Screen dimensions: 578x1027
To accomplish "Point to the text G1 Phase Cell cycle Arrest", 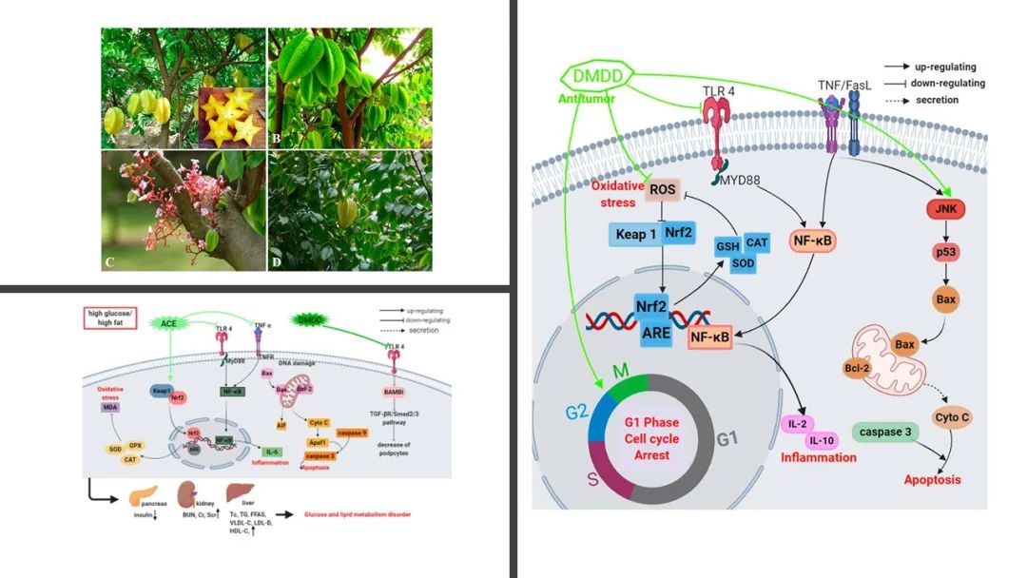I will (652, 437).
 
